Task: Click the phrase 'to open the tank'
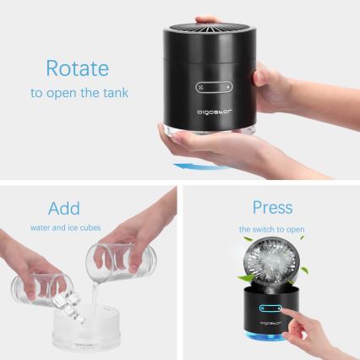click(79, 93)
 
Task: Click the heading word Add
click(64, 208)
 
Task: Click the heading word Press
click(272, 208)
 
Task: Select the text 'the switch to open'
click(271, 229)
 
